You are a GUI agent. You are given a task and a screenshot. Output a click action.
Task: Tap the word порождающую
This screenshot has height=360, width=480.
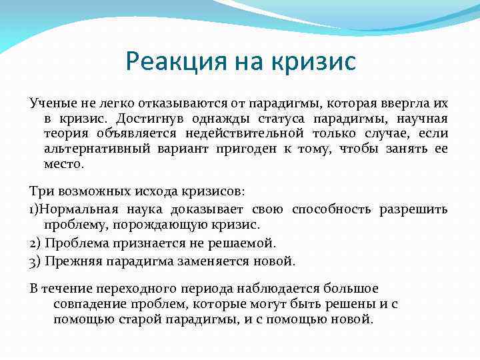coord(155,224)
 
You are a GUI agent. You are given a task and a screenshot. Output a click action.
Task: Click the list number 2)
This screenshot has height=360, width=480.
coord(36,243)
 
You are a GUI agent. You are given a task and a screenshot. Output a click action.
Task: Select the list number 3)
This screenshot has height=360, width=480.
coord(36,261)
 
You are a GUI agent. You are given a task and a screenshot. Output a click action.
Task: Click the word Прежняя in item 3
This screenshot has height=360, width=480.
coord(72,261)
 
